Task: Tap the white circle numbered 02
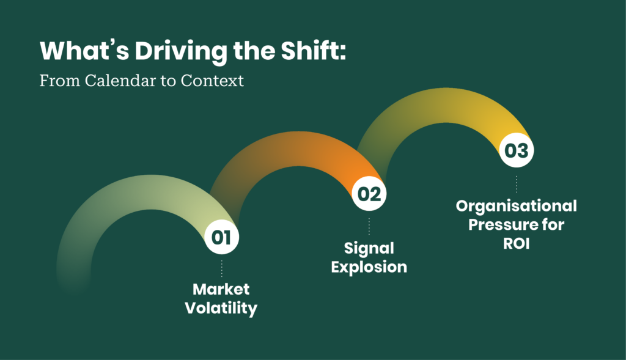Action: (x=369, y=194)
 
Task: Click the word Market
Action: (x=221, y=289)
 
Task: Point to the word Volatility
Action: (x=221, y=308)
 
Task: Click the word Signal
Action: (x=369, y=248)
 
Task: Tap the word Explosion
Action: (x=369, y=267)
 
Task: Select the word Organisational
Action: (x=517, y=205)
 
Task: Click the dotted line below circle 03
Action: (x=517, y=183)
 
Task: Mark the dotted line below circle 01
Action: (x=221, y=268)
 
